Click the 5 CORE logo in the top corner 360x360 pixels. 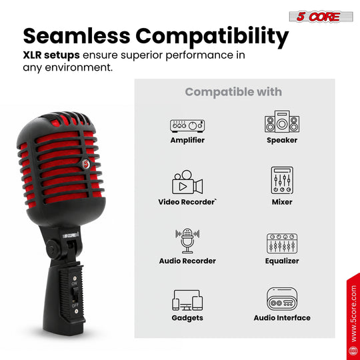(x=321, y=17)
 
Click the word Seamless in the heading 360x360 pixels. (x=77, y=36)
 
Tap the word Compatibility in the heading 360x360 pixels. (x=212, y=37)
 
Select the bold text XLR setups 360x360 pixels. (x=51, y=55)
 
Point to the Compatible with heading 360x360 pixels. (x=233, y=92)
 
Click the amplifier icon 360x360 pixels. (x=187, y=126)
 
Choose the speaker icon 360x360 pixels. (x=282, y=121)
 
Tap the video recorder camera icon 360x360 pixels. (x=187, y=182)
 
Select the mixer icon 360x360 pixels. (x=282, y=181)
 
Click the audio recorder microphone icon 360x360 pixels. (x=187, y=241)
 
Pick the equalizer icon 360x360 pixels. (x=282, y=243)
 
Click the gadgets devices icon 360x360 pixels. (x=187, y=300)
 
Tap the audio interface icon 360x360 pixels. (x=282, y=299)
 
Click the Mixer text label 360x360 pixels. (x=282, y=202)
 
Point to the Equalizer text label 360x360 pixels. (x=282, y=261)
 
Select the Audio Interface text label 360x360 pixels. (x=282, y=318)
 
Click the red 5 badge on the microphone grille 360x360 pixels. (x=86, y=164)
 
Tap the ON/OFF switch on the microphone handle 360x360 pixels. (x=75, y=295)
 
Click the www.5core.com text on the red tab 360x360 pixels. (x=354, y=313)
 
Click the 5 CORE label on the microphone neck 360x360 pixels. (x=71, y=235)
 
